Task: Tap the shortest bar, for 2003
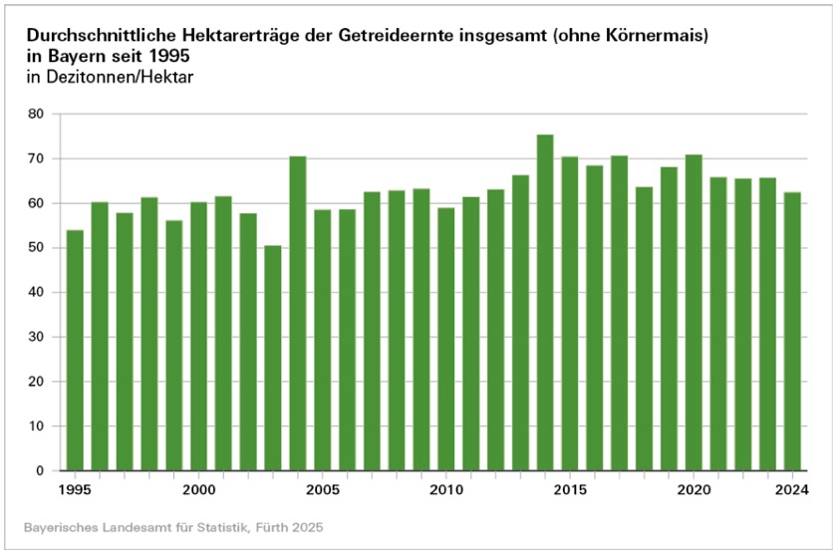tap(273, 358)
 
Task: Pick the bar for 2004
tap(298, 313)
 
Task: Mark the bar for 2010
tap(446, 339)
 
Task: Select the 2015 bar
tap(570, 313)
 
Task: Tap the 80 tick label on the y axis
tap(37, 115)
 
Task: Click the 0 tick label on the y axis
tap(41, 471)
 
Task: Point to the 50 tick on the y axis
tap(37, 248)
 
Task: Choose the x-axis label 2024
tap(792, 491)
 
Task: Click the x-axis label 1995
tap(75, 491)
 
